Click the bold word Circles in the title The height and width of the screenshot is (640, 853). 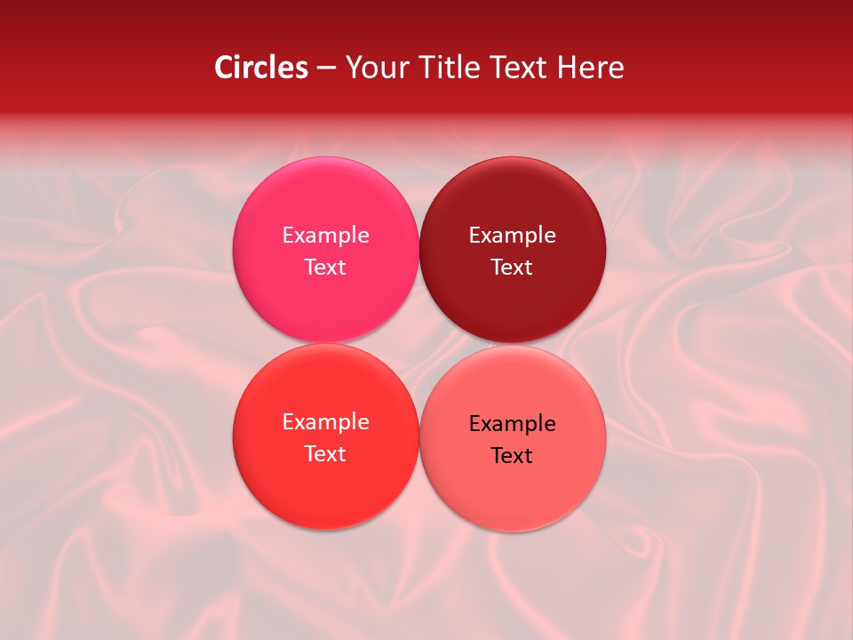[261, 68]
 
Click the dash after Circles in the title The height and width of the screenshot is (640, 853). [326, 68]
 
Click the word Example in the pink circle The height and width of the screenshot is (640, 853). [325, 236]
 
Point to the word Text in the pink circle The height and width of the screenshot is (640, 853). [325, 268]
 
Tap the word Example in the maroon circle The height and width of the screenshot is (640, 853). [512, 236]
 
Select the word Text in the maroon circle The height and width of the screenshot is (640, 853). [512, 268]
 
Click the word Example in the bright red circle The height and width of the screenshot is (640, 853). [325, 422]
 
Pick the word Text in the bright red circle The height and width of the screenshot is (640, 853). [325, 454]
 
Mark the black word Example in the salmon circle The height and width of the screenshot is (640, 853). [512, 424]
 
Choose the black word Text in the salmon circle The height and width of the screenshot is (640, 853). [512, 456]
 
